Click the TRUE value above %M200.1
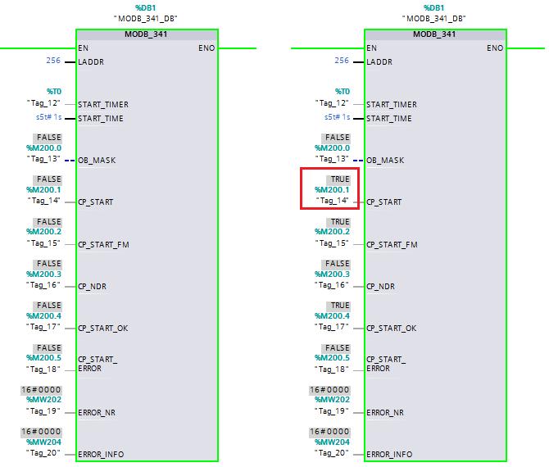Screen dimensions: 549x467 click(340, 179)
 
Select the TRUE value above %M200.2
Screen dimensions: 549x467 click(340, 222)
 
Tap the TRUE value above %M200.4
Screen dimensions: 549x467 click(340, 306)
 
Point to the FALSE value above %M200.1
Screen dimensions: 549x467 click(49, 179)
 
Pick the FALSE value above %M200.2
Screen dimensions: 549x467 click(49, 222)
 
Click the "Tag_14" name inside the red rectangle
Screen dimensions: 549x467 click(332, 201)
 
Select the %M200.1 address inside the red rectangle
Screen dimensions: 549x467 click(332, 190)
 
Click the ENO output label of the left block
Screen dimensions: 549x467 click(206, 48)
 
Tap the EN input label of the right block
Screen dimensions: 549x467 click(371, 48)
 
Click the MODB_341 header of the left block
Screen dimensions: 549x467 click(146, 34)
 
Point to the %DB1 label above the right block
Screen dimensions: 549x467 click(433, 7)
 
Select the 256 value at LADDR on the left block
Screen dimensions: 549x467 click(53, 60)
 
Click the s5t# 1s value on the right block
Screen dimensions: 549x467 click(337, 117)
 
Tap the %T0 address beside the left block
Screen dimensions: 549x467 click(54, 92)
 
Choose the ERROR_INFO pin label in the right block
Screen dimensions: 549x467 click(389, 455)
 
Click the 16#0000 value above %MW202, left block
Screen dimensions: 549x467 click(41, 390)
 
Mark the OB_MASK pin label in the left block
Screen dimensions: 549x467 click(97, 161)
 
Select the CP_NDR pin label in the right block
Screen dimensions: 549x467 click(380, 287)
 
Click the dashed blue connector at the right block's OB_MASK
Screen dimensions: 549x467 click(358, 161)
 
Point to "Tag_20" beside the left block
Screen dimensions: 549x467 click(43, 453)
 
